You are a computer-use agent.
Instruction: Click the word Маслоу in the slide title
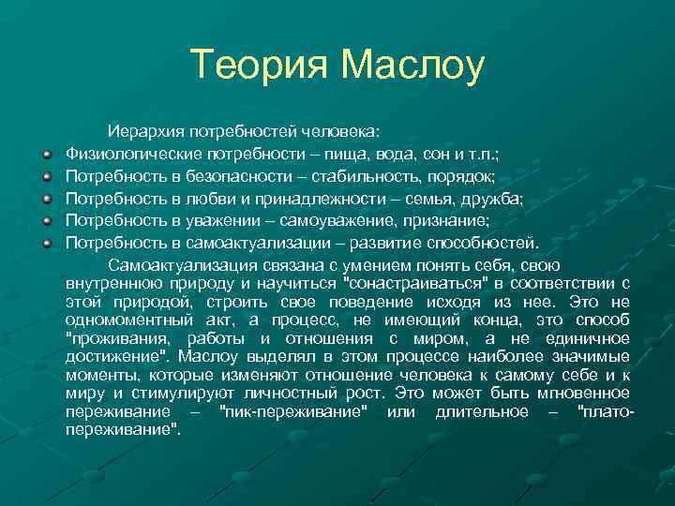pyautogui.click(x=412, y=66)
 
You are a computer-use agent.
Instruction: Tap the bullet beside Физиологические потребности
pyautogui.click(x=45, y=152)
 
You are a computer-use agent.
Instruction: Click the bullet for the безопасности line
pyautogui.click(x=45, y=175)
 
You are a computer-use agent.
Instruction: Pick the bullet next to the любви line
pyautogui.click(x=45, y=198)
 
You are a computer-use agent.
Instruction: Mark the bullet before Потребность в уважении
pyautogui.click(x=45, y=220)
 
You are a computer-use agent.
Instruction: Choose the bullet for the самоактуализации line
pyautogui.click(x=45, y=244)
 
